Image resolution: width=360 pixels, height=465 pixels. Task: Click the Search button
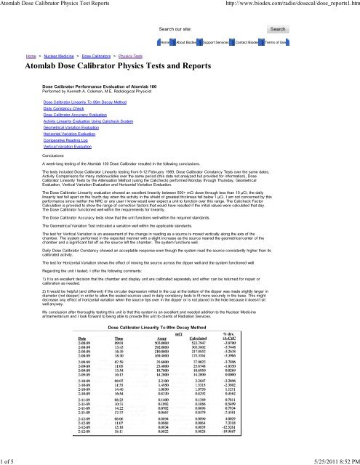pos(277,29)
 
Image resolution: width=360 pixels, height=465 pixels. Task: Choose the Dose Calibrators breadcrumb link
pos(97,55)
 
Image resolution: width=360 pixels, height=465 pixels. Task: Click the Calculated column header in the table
pos(233,339)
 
